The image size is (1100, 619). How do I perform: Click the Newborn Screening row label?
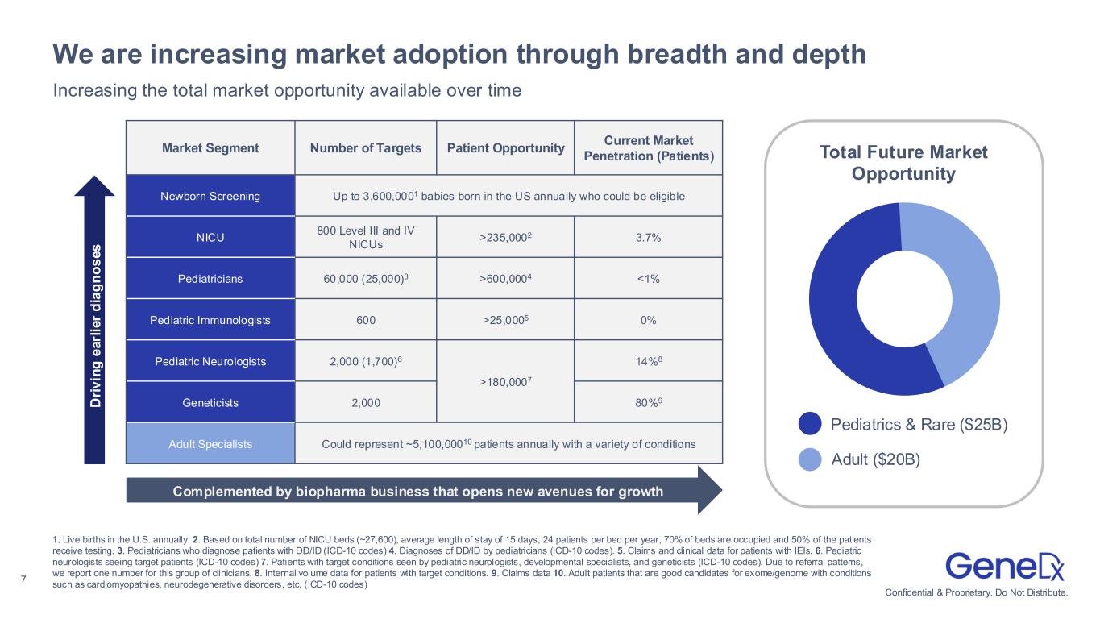coord(210,196)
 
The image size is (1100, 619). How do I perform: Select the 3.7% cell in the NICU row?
coord(648,237)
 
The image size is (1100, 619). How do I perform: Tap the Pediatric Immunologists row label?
coord(210,320)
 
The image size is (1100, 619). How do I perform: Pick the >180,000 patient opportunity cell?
coord(504,381)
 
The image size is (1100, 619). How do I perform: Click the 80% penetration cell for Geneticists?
coord(648,401)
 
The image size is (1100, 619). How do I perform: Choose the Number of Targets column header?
coord(365,147)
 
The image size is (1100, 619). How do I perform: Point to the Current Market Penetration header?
coord(648,147)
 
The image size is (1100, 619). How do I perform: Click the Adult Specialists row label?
coord(210,443)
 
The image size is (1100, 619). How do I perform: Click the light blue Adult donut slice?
coord(967,282)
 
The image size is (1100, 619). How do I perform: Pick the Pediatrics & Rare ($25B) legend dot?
coord(811,424)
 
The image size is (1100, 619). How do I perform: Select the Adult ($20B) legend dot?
coord(811,459)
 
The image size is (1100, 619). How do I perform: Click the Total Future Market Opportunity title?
coord(903,163)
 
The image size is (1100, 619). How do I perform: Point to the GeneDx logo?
coord(1004,567)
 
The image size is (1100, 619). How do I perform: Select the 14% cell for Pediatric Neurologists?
coord(648,360)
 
